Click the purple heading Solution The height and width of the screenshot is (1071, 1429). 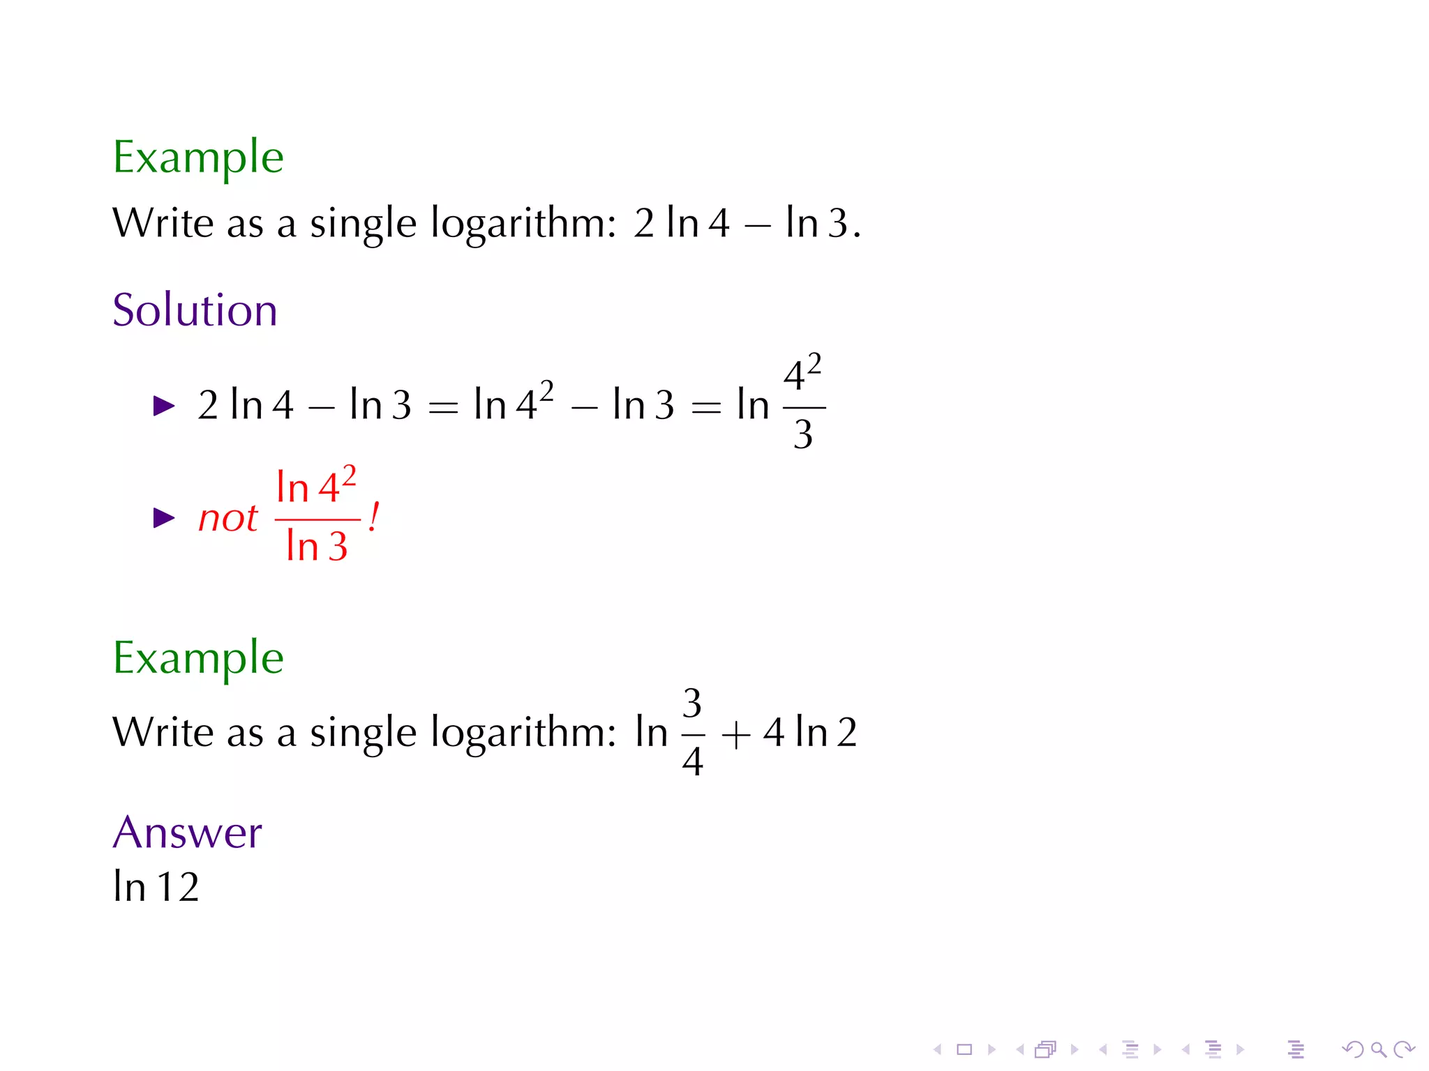point(195,310)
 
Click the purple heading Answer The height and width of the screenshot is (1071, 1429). point(187,833)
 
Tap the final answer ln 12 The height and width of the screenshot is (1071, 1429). point(156,887)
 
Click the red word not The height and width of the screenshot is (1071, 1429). point(227,518)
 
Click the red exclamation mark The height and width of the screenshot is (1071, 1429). point(374,517)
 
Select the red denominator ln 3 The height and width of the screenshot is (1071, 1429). point(316,546)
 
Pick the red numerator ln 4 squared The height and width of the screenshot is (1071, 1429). point(316,485)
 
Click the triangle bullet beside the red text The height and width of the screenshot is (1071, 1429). point(164,518)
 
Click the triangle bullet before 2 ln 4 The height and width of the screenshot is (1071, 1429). point(164,406)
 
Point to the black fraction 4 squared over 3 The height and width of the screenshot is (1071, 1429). point(803,404)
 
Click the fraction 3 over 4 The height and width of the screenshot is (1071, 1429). point(692,732)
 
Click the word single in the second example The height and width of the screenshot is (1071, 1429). point(363,734)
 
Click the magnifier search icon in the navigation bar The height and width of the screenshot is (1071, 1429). point(1377,1049)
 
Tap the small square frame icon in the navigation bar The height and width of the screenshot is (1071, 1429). point(964,1049)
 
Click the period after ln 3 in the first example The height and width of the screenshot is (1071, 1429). point(857,236)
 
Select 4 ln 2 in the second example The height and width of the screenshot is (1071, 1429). point(809,733)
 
